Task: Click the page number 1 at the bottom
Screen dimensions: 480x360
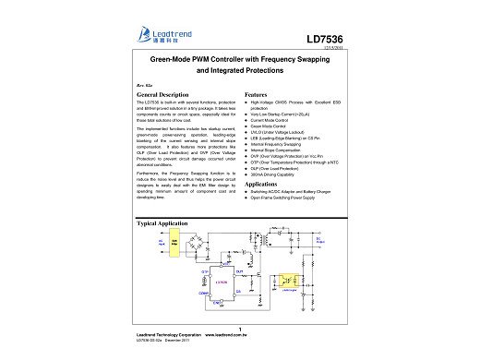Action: (x=240, y=330)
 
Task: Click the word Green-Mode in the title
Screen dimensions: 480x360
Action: (x=168, y=57)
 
